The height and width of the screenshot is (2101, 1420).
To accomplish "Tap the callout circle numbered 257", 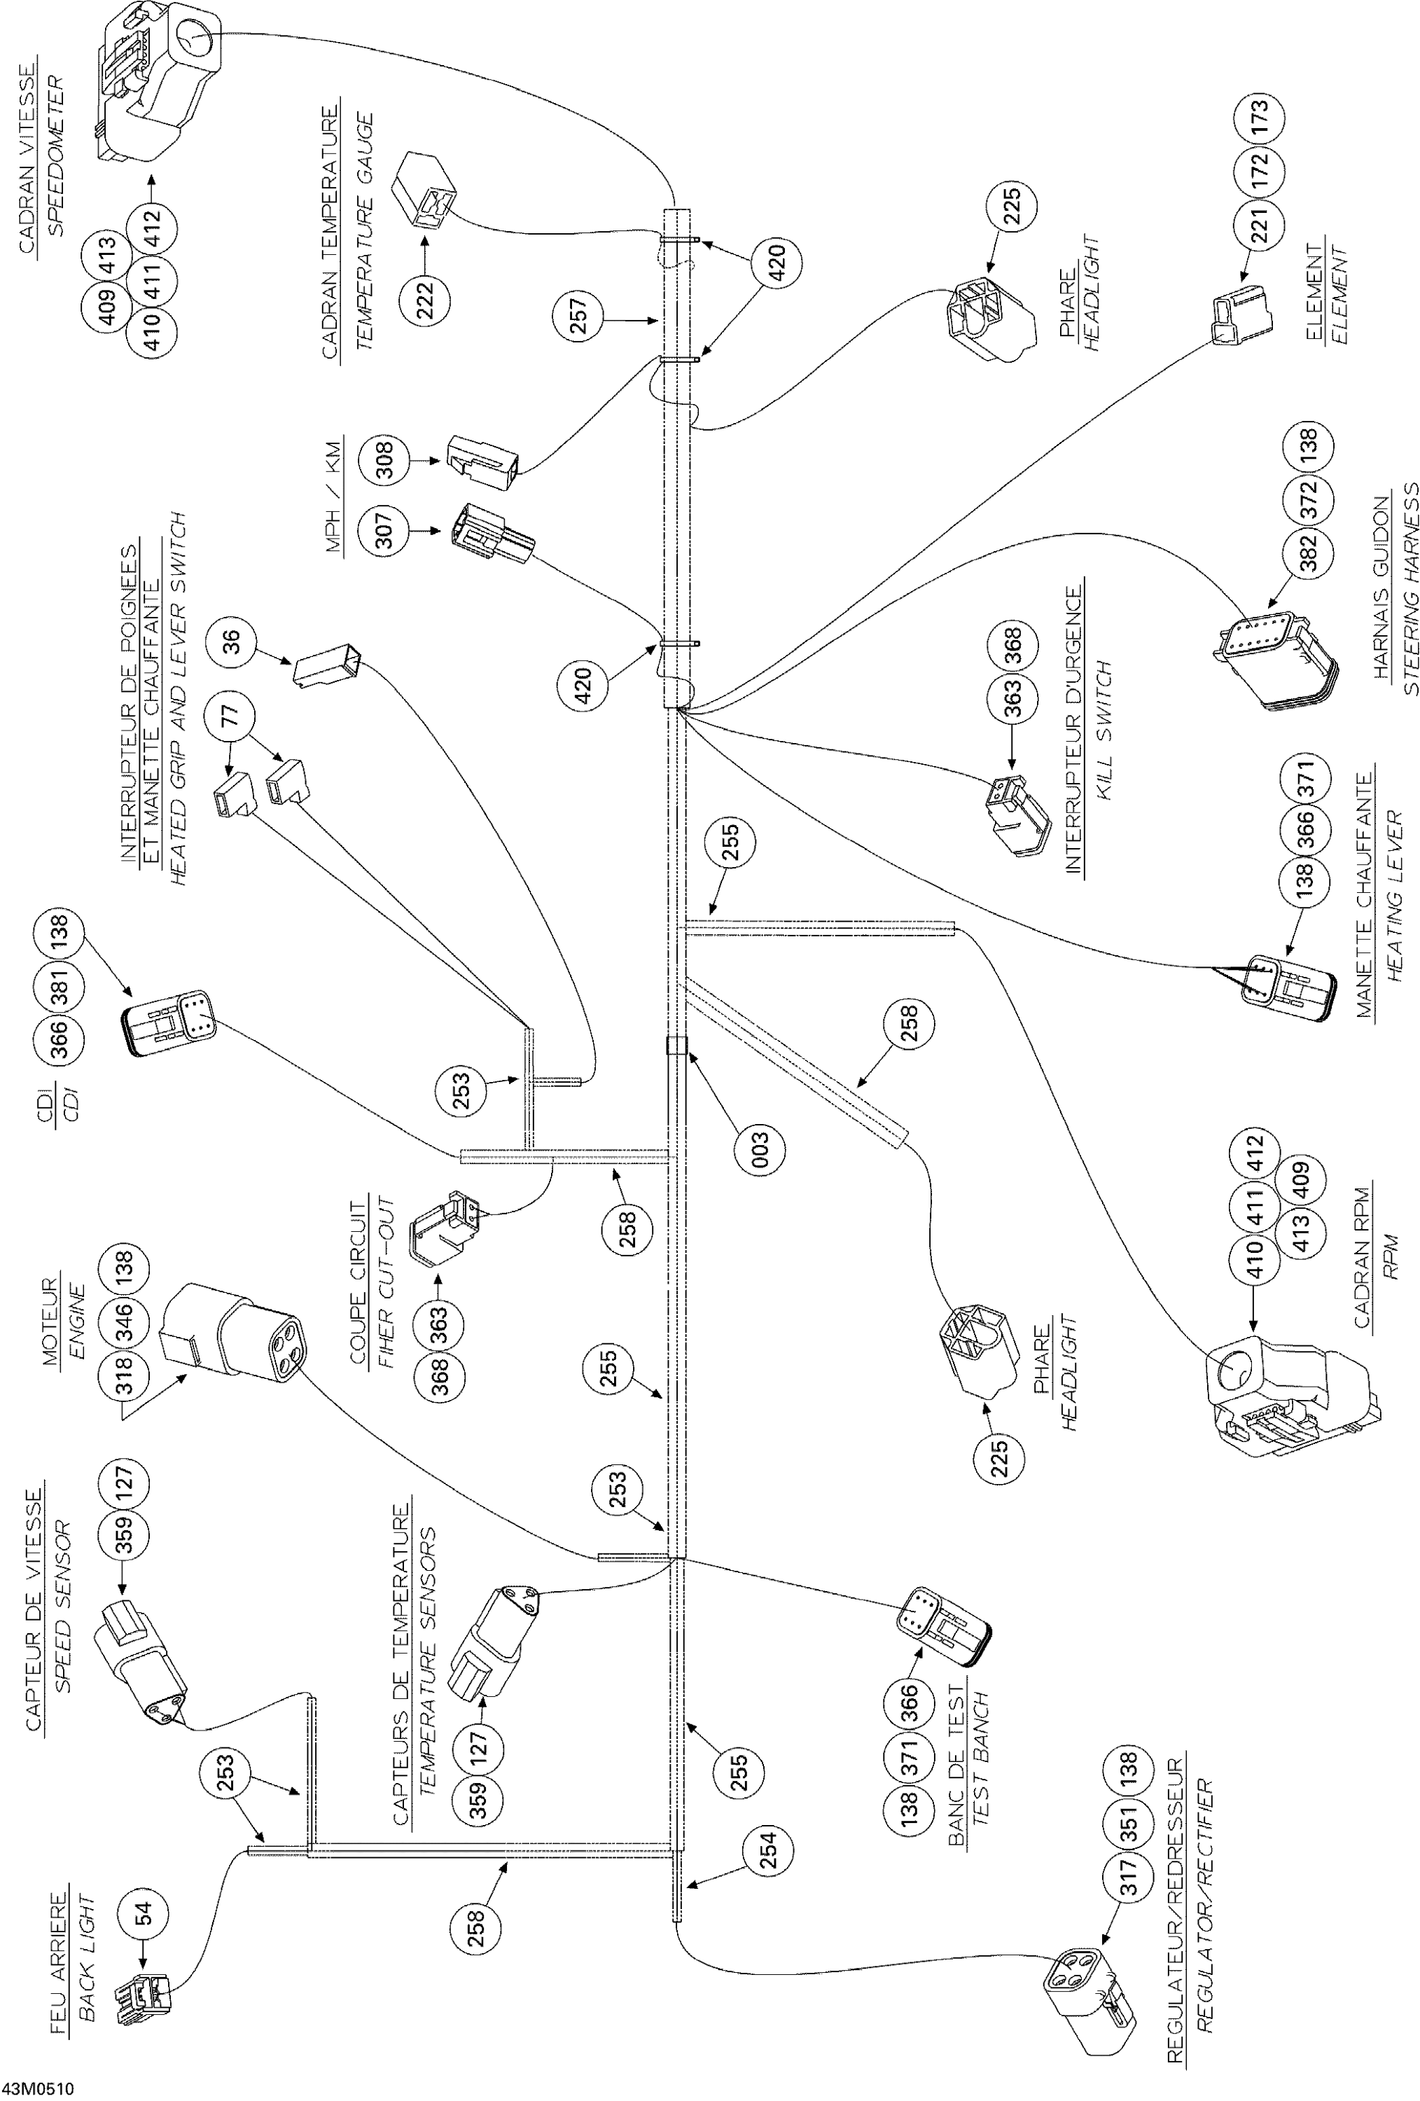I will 578,317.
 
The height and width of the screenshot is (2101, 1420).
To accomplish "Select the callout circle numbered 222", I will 425,296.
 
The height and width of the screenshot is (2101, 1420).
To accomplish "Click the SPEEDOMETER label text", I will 56,155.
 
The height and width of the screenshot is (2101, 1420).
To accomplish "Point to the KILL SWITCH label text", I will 1103,733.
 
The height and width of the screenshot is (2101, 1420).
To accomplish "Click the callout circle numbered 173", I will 1259,118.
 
